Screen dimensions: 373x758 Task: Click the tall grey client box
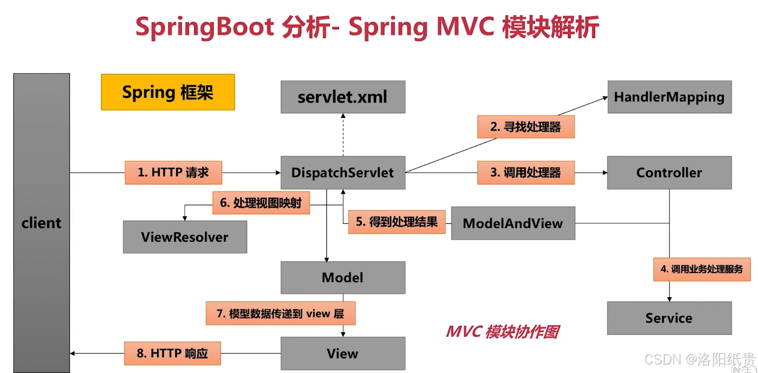[41, 223]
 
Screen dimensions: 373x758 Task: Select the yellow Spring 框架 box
[168, 92]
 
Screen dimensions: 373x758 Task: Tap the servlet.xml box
[342, 97]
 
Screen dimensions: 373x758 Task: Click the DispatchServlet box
[342, 172]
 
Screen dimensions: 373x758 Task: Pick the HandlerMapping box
[669, 97]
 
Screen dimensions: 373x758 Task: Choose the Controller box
[669, 172]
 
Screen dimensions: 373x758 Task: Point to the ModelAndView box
[512, 223]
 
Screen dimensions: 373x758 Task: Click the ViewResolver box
[185, 236]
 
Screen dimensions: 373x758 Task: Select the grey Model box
[342, 277]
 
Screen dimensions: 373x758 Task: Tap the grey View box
[342, 353]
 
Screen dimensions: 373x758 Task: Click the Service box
[669, 318]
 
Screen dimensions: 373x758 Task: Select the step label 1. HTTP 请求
[173, 172]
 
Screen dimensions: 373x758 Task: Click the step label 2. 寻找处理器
[526, 127]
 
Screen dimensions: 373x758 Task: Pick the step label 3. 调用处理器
[526, 172]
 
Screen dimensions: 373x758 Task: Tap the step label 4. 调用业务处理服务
[702, 269]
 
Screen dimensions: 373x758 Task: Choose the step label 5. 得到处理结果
[396, 222]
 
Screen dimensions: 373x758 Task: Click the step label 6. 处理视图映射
[260, 203]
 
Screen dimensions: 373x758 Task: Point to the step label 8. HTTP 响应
[172, 353]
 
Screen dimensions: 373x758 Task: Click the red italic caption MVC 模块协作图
[502, 332]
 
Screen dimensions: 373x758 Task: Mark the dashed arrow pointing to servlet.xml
[342, 135]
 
